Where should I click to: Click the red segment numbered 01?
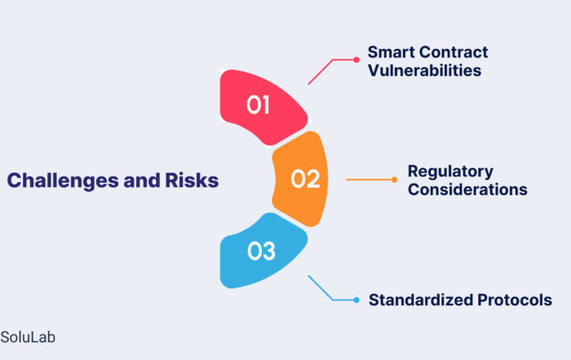click(262, 106)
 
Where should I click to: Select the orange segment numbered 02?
click(301, 179)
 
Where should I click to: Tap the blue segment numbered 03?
click(262, 251)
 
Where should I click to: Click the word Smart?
click(391, 52)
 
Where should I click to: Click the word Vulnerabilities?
click(425, 70)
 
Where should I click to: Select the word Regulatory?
click(450, 171)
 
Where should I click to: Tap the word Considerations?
click(467, 189)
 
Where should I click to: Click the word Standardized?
click(421, 300)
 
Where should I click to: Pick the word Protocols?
click(515, 300)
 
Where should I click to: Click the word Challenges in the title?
click(63, 180)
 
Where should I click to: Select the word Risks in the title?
click(192, 180)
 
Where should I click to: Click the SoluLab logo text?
click(28, 337)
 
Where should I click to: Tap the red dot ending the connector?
click(356, 60)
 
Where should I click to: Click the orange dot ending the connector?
click(394, 180)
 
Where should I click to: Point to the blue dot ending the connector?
click(356, 300)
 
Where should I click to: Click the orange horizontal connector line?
click(369, 180)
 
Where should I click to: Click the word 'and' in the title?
click(142, 180)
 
